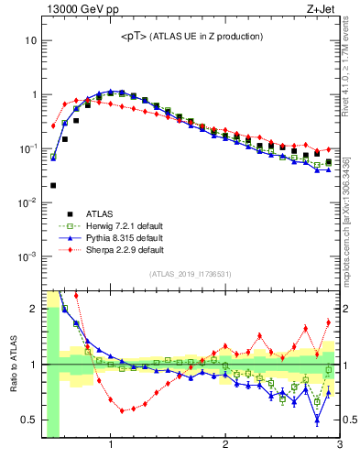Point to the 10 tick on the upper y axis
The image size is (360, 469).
[x=30, y=41]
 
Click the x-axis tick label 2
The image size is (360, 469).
[x=225, y=446]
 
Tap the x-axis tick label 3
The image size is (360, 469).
[x=339, y=446]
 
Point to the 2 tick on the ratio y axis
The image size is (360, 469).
[x=32, y=309]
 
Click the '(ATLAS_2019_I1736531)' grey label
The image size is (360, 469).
[x=190, y=273]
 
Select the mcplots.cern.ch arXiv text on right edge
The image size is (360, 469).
[x=352, y=211]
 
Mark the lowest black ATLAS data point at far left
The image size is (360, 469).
[x=53, y=185]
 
